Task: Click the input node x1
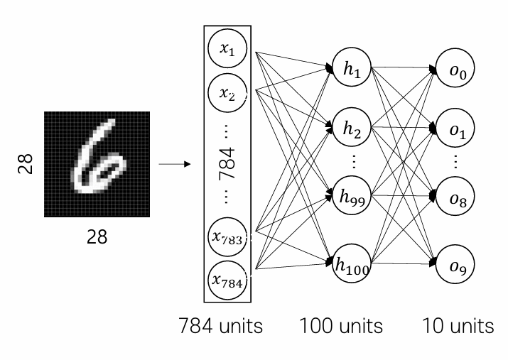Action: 227,48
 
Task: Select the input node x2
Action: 227,93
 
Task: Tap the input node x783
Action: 227,237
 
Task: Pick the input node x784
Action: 227,280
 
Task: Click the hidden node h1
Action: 352,67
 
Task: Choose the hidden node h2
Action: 352,127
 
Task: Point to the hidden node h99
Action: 352,195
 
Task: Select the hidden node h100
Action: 352,264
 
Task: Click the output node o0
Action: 455,68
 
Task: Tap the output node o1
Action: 455,128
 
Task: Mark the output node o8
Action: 455,196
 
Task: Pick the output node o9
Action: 455,264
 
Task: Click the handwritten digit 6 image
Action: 97,164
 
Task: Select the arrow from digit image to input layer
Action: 175,164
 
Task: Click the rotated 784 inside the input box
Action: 227,163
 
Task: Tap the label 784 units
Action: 221,326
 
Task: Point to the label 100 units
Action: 341,326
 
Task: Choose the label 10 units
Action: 458,326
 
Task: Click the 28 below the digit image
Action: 97,237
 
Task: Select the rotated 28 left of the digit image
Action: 26,164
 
